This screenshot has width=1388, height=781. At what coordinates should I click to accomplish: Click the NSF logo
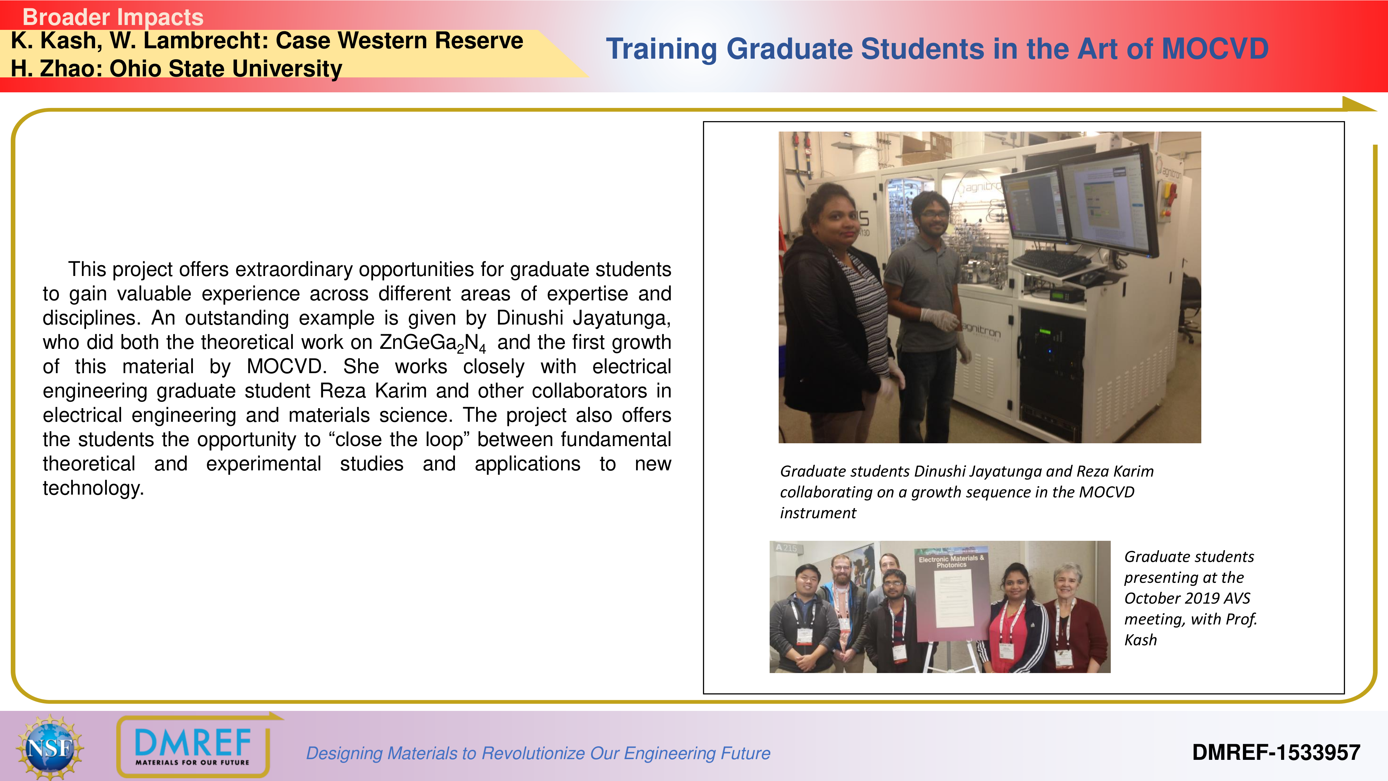click(50, 747)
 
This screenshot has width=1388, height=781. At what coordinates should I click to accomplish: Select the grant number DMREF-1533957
click(1276, 753)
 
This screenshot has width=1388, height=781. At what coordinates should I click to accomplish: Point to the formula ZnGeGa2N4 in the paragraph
click(433, 343)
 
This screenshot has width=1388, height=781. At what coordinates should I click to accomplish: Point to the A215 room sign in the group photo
click(786, 548)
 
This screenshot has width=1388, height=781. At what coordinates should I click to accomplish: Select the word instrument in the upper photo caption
click(818, 513)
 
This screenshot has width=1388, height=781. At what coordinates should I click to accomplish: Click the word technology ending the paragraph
click(93, 488)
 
